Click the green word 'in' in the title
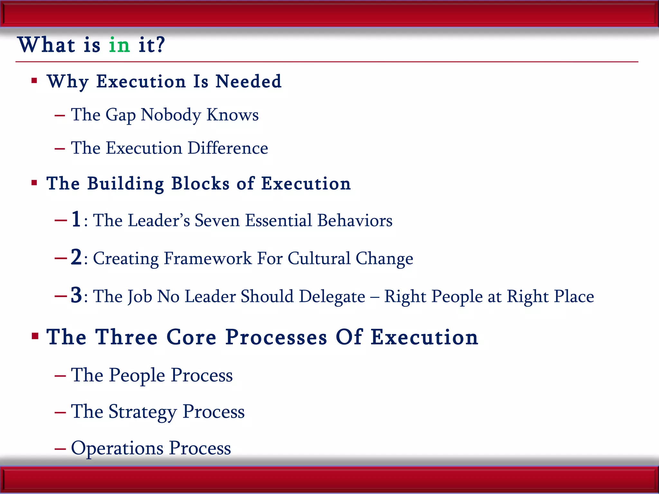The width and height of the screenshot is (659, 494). click(119, 45)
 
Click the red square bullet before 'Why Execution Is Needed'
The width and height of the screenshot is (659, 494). click(34, 80)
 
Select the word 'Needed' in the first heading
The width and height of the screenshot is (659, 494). click(248, 81)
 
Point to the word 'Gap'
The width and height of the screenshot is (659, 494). click(120, 115)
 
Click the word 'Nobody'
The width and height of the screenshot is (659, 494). click(171, 115)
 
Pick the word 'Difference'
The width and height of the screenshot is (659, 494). click(228, 148)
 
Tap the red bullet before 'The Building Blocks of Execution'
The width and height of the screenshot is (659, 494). click(34, 183)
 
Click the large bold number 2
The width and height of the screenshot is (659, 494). click(76, 257)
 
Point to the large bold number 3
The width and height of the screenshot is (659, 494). click(76, 295)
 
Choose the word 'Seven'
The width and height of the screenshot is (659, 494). click(217, 221)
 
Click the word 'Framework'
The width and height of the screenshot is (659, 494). click(208, 259)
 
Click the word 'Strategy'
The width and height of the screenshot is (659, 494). click(143, 412)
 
